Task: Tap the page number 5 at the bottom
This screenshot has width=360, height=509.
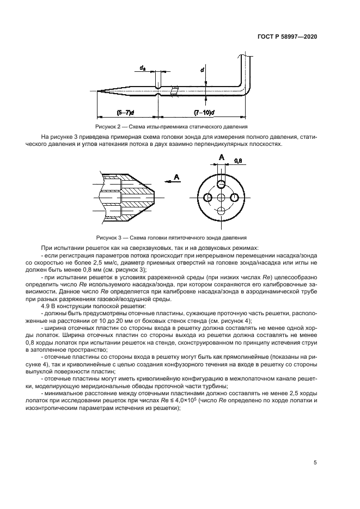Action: pos(315,463)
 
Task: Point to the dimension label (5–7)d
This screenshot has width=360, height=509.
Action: pos(126,113)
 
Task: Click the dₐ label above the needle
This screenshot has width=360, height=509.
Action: pos(143,68)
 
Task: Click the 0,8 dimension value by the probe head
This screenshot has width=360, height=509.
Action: pos(238,161)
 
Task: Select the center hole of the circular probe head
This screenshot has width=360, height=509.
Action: pos(221,197)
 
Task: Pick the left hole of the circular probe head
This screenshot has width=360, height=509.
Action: pos(206,197)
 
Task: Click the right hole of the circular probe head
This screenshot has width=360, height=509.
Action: pos(235,197)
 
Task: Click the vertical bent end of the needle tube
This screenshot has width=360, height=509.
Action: pos(246,71)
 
